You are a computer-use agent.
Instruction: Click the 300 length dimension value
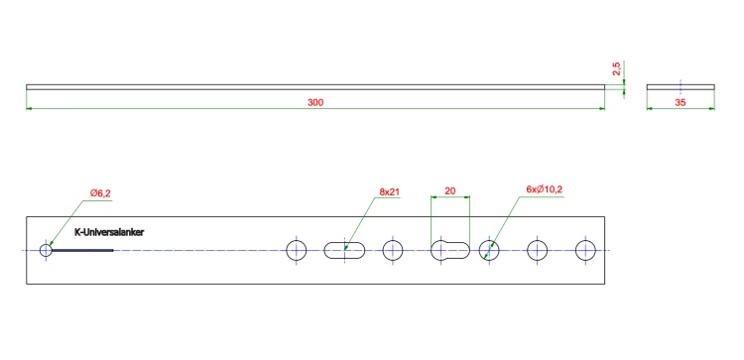[x=315, y=102]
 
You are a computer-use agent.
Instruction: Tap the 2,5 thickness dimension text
[x=616, y=69]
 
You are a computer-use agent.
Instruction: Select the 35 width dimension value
[x=681, y=102]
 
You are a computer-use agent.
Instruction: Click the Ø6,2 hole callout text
[x=100, y=193]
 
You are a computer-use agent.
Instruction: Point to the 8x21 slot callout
[x=389, y=192]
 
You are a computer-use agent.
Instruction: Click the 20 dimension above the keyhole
[x=449, y=191]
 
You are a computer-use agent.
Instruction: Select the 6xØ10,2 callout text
[x=545, y=189]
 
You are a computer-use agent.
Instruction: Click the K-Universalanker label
[x=109, y=232]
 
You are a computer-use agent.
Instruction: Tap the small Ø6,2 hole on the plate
[x=46, y=250]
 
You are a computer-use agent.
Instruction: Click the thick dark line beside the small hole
[x=82, y=250]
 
